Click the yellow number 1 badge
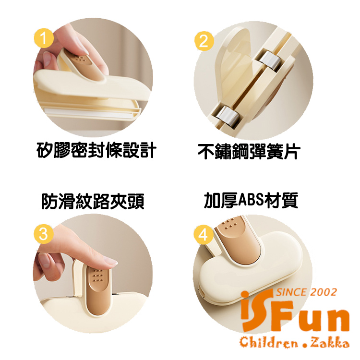coord(44,38)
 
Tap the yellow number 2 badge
coord(204,41)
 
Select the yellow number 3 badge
coord(44,234)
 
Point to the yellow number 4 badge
coord(203,235)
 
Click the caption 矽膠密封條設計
coord(96,150)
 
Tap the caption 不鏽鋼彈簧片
coord(249,151)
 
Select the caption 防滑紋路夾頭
coord(93,201)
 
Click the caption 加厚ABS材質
coord(251,201)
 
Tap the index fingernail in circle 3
coord(110,262)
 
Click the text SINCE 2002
coord(306,292)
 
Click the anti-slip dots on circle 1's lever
coord(80,60)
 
